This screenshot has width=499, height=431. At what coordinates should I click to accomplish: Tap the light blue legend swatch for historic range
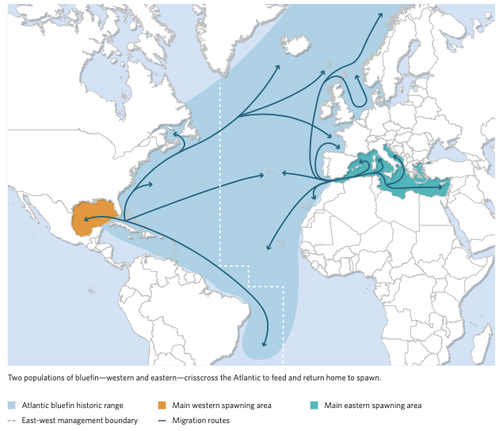click(x=13, y=406)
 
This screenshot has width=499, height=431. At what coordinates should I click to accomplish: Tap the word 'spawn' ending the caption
click(x=370, y=378)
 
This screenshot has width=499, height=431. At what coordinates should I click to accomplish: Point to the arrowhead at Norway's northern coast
click(x=382, y=14)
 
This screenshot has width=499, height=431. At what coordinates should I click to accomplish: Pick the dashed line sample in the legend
click(x=13, y=421)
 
